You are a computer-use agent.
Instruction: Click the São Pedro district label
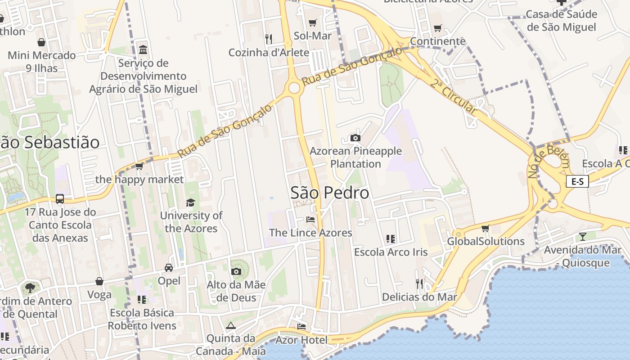pyautogui.click(x=329, y=193)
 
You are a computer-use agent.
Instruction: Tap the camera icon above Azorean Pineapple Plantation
pyautogui.click(x=355, y=138)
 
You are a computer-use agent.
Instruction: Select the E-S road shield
pyautogui.click(x=577, y=181)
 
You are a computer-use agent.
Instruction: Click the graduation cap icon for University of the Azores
pyautogui.click(x=191, y=202)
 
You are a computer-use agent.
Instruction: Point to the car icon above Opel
pyautogui.click(x=169, y=268)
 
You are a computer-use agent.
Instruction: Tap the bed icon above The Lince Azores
pyautogui.click(x=310, y=220)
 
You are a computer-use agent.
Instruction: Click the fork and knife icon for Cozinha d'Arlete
pyautogui.click(x=269, y=39)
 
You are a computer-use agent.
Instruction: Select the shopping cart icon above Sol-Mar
pyautogui.click(x=312, y=22)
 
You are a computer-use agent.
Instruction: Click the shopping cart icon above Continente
pyautogui.click(x=437, y=28)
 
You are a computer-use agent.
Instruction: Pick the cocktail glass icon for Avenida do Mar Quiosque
pyautogui.click(x=583, y=236)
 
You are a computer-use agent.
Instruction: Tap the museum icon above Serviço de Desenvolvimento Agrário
pyautogui.click(x=143, y=49)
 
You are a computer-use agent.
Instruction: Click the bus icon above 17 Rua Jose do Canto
pyautogui.click(x=59, y=198)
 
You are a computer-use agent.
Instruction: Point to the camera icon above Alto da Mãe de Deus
pyautogui.click(x=236, y=271)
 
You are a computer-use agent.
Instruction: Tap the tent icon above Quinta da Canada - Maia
pyautogui.click(x=231, y=325)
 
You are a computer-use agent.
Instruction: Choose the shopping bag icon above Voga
pyautogui.click(x=99, y=282)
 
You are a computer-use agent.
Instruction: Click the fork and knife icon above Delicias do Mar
pyautogui.click(x=419, y=283)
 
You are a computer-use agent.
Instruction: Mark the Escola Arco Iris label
pyautogui.click(x=391, y=252)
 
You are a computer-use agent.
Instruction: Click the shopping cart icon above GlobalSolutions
pyautogui.click(x=485, y=228)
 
